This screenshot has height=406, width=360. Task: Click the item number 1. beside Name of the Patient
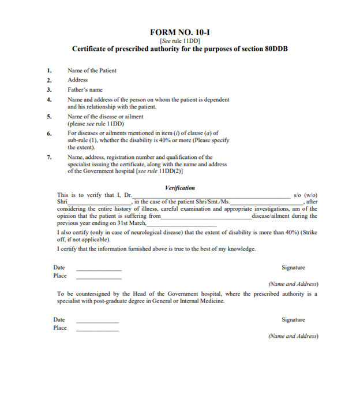coord(50,70)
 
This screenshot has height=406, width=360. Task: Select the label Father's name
coord(85,90)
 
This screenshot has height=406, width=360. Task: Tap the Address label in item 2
coord(77,80)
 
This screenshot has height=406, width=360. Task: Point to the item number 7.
coord(50,157)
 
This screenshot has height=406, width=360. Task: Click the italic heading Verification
coord(180,188)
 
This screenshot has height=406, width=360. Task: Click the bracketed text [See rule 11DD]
coord(179,40)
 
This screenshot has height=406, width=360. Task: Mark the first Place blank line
coord(99,278)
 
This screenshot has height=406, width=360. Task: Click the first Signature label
coord(293,267)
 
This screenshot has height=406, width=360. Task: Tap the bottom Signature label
coord(293,319)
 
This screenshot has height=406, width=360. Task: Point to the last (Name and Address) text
coord(293,336)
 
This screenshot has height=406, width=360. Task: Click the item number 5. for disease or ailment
coord(50,117)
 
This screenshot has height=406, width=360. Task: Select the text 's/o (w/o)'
coord(305,195)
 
